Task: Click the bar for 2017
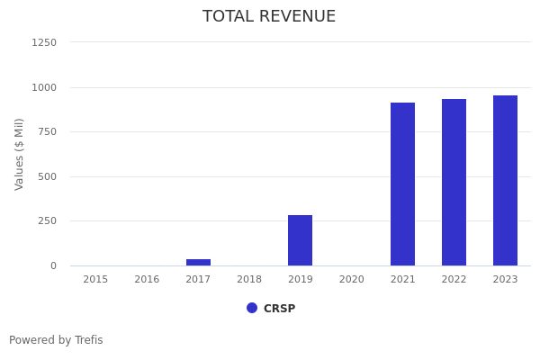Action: pyautogui.click(x=198, y=262)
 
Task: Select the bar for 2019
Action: pyautogui.click(x=300, y=240)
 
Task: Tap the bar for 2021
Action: pyautogui.click(x=402, y=184)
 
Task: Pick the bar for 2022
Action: pyautogui.click(x=454, y=182)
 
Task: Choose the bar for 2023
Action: pyautogui.click(x=505, y=180)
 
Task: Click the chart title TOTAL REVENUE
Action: pyautogui.click(x=269, y=17)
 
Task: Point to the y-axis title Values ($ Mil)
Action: pyautogui.click(x=20, y=154)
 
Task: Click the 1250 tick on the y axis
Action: pyautogui.click(x=44, y=42)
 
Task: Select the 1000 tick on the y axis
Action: pyautogui.click(x=44, y=87)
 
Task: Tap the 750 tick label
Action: pyautogui.click(x=47, y=131)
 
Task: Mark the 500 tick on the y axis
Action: pyautogui.click(x=47, y=176)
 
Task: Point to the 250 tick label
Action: pyautogui.click(x=47, y=220)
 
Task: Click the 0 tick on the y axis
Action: pyautogui.click(x=53, y=265)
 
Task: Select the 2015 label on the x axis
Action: pyautogui.click(x=95, y=279)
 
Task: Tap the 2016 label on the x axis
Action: pyautogui.click(x=147, y=279)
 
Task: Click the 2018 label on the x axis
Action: pyautogui.click(x=249, y=279)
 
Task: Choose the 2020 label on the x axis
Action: pyautogui.click(x=351, y=279)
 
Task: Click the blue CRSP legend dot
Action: pyautogui.click(x=252, y=308)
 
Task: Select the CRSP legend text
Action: pyautogui.click(x=279, y=309)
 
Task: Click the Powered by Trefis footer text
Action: pyautogui.click(x=56, y=340)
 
